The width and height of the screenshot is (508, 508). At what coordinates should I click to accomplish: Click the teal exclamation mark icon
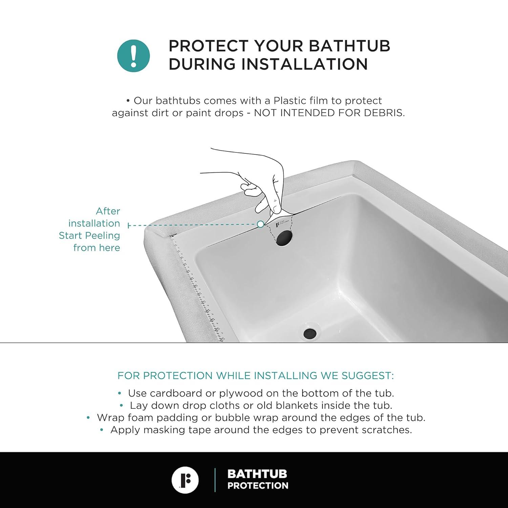point(133,56)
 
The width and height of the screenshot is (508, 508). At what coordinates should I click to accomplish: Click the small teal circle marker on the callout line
point(260,224)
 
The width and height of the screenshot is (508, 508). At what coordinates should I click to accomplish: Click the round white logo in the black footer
point(185,480)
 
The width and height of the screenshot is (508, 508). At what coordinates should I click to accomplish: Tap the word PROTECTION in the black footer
point(258,486)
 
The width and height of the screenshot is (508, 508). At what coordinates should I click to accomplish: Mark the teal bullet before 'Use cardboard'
point(120,393)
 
